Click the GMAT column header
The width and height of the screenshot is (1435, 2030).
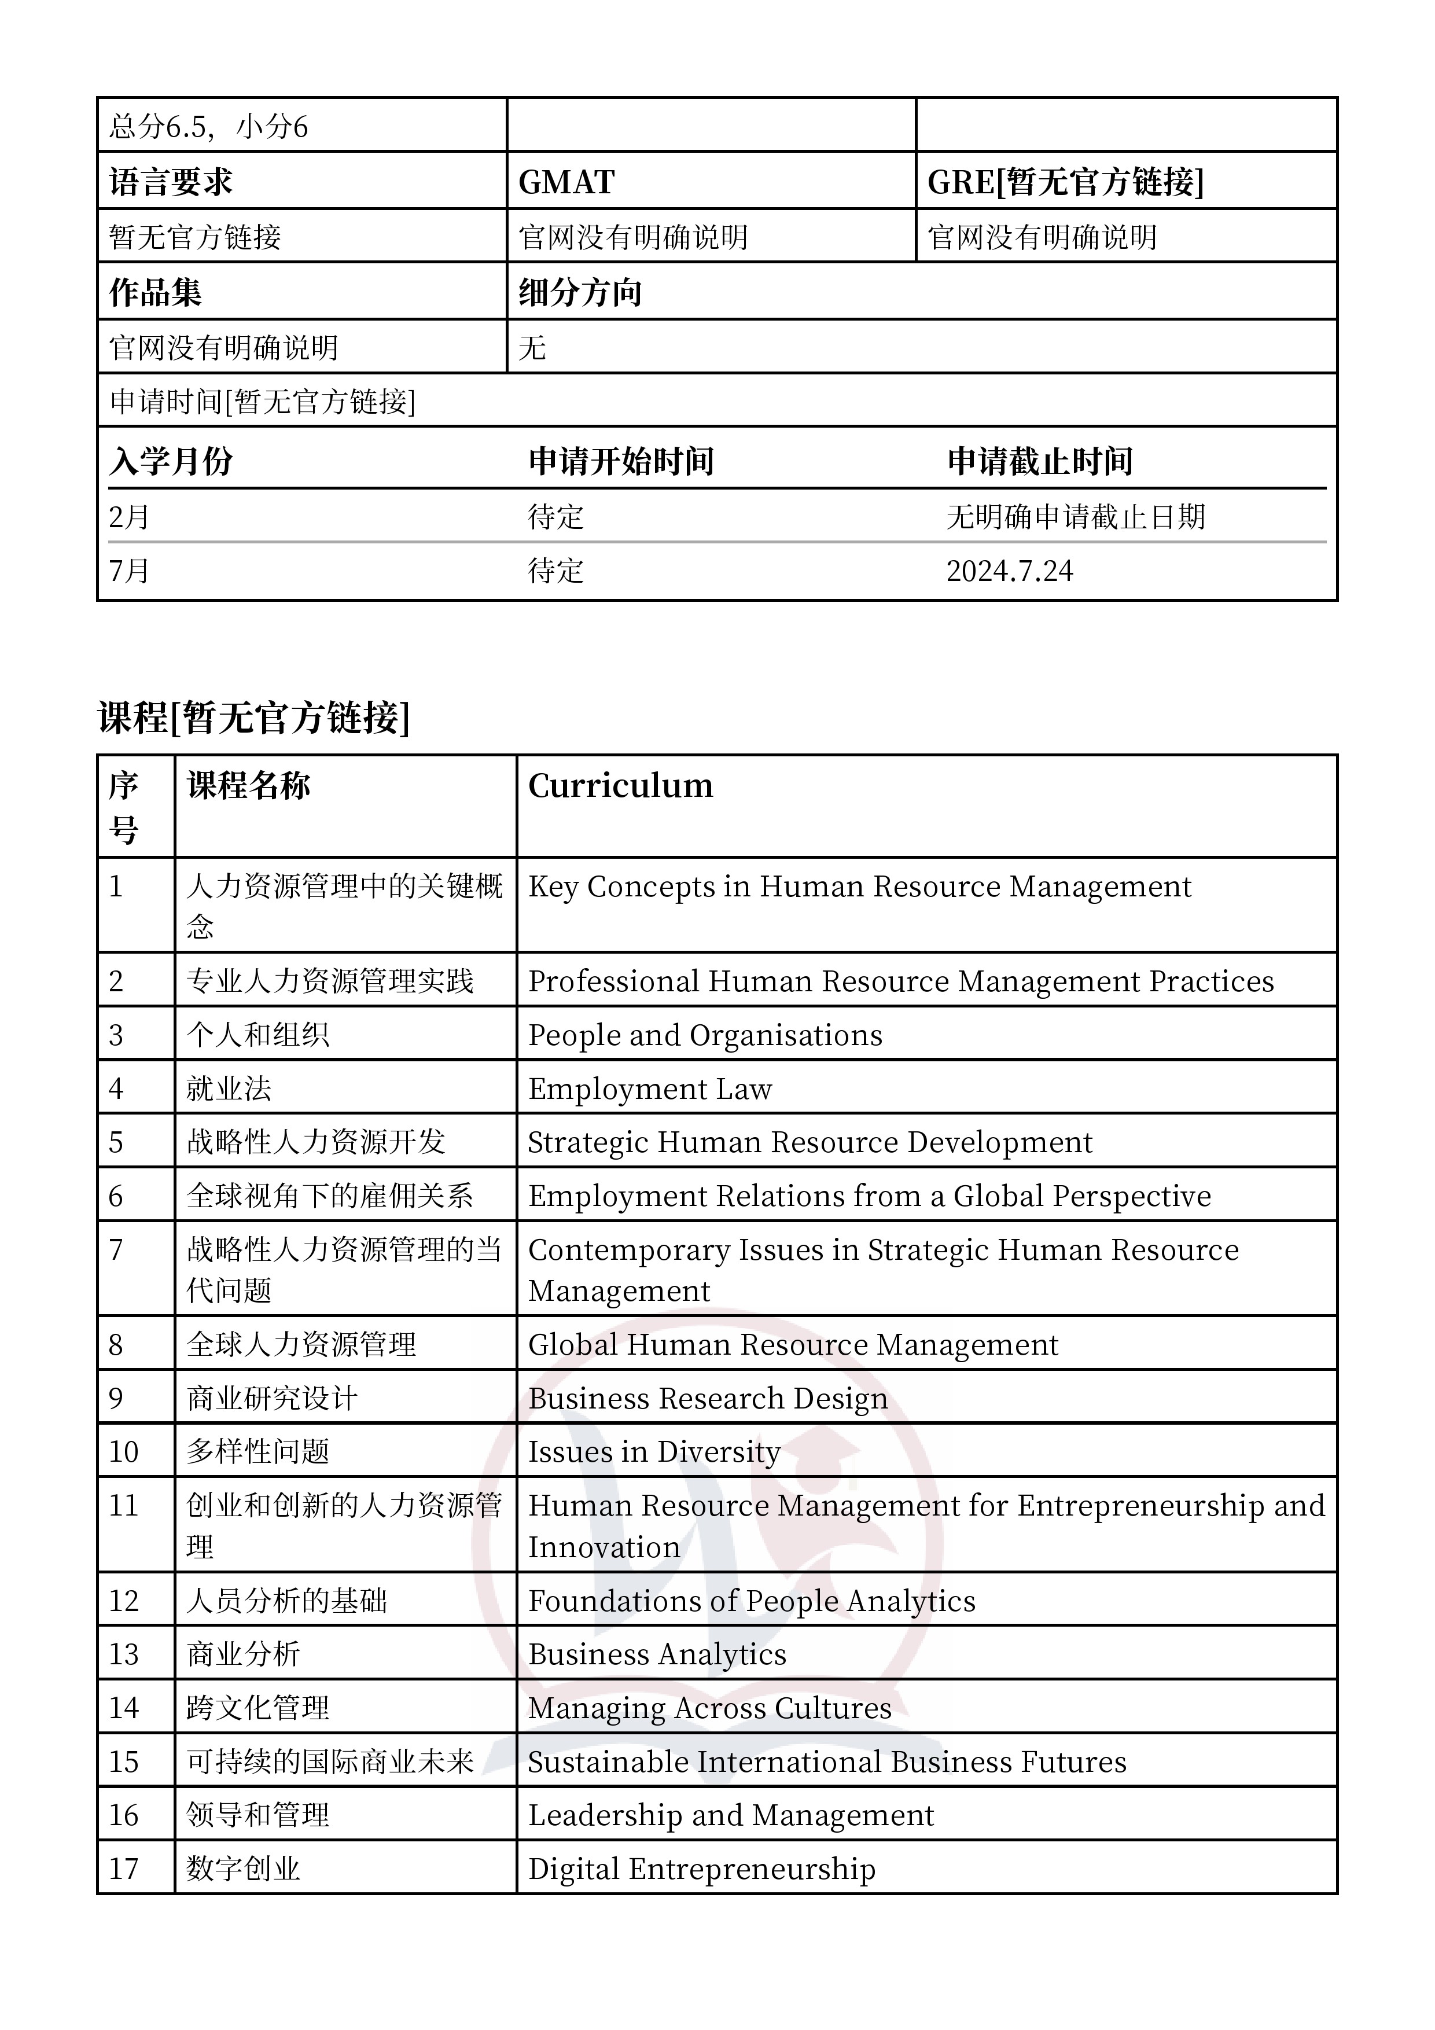pyautogui.click(x=566, y=182)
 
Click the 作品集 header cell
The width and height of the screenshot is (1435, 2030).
pyautogui.click(x=156, y=293)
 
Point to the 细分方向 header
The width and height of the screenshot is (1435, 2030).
pyautogui.click(x=580, y=293)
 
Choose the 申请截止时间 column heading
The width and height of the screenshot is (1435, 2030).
pyautogui.click(x=1040, y=461)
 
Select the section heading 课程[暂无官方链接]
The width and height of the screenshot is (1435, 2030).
pyautogui.click(x=254, y=717)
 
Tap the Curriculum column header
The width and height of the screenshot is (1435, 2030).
pyautogui.click(x=621, y=785)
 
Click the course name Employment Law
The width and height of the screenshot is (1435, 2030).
pyautogui.click(x=650, y=1088)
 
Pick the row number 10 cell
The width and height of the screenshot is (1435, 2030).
pyautogui.click(x=124, y=1452)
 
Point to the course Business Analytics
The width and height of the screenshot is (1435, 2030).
pyautogui.click(x=657, y=1654)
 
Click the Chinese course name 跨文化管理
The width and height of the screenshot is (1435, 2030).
pyautogui.click(x=257, y=1708)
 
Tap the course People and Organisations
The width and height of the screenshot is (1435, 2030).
pyautogui.click(x=705, y=1035)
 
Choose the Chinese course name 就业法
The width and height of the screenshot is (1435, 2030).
pyautogui.click(x=229, y=1088)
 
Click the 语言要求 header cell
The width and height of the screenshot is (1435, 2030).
pyautogui.click(x=171, y=182)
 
